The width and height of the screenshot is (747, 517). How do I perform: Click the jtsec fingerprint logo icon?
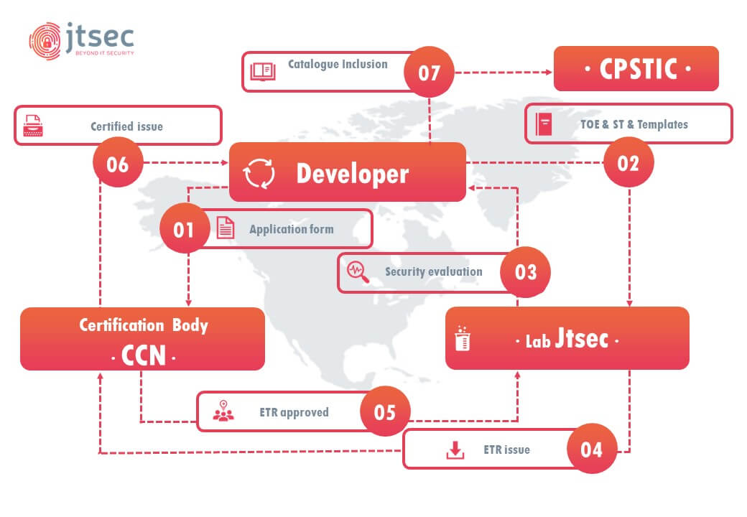coord(45,41)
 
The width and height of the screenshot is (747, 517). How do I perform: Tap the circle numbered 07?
coord(429,72)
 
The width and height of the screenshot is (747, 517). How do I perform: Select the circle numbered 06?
coord(118,163)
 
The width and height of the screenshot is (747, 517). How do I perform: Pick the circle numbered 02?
coord(628,163)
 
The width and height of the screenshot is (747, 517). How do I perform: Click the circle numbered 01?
coord(185,229)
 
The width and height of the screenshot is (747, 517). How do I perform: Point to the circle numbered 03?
coord(525,272)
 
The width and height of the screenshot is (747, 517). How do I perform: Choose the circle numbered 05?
coord(385,411)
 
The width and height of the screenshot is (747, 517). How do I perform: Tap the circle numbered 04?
coord(592,449)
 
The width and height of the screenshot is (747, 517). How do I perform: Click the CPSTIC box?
coord(636,68)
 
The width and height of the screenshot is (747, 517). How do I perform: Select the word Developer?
coord(353,174)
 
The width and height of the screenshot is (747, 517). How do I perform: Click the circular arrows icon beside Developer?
coord(259,173)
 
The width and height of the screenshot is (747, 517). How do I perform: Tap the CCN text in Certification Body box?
coord(144,355)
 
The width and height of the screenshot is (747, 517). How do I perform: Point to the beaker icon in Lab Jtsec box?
coord(463,338)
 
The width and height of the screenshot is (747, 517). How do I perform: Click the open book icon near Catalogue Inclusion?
coord(263,71)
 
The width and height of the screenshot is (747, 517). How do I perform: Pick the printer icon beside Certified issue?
coord(33,126)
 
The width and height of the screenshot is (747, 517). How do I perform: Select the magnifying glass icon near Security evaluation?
coord(358,272)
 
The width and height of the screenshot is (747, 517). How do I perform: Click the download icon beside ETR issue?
coord(455,450)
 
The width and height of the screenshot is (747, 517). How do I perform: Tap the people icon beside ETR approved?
coord(223,411)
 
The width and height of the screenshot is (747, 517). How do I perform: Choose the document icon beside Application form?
coord(226,228)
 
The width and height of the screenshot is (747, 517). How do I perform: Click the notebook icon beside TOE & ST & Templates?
coord(544,124)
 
